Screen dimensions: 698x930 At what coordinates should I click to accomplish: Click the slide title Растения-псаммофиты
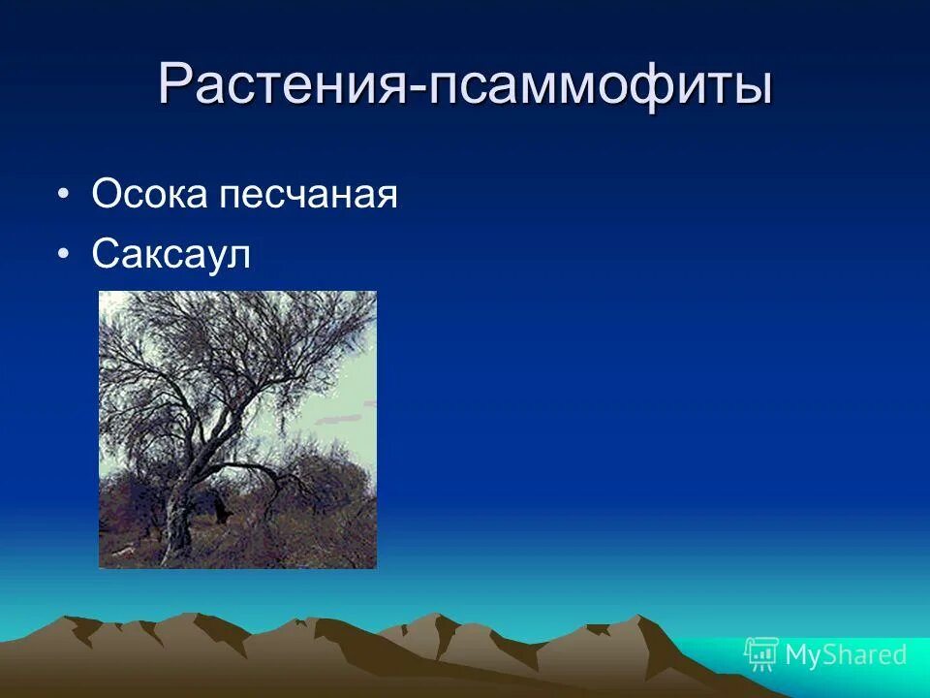coord(465,85)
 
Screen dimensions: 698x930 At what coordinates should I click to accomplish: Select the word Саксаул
coord(170,255)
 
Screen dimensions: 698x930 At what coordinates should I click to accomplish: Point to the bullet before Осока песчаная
coord(63,195)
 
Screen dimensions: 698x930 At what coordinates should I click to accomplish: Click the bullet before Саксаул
coord(63,255)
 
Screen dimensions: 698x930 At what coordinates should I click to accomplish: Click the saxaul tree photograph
coord(237,429)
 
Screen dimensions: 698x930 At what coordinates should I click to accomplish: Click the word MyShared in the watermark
coord(846,655)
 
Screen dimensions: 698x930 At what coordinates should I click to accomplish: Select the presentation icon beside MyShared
coord(761,655)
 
